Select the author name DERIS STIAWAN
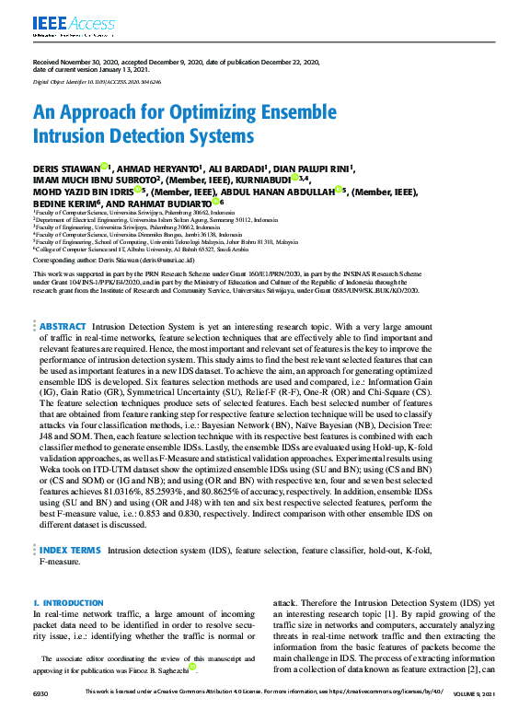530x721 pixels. pyautogui.click(x=63, y=169)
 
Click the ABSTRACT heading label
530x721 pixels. pyautogui.click(x=63, y=326)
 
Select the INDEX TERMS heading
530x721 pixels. pyautogui.click(x=70, y=550)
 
